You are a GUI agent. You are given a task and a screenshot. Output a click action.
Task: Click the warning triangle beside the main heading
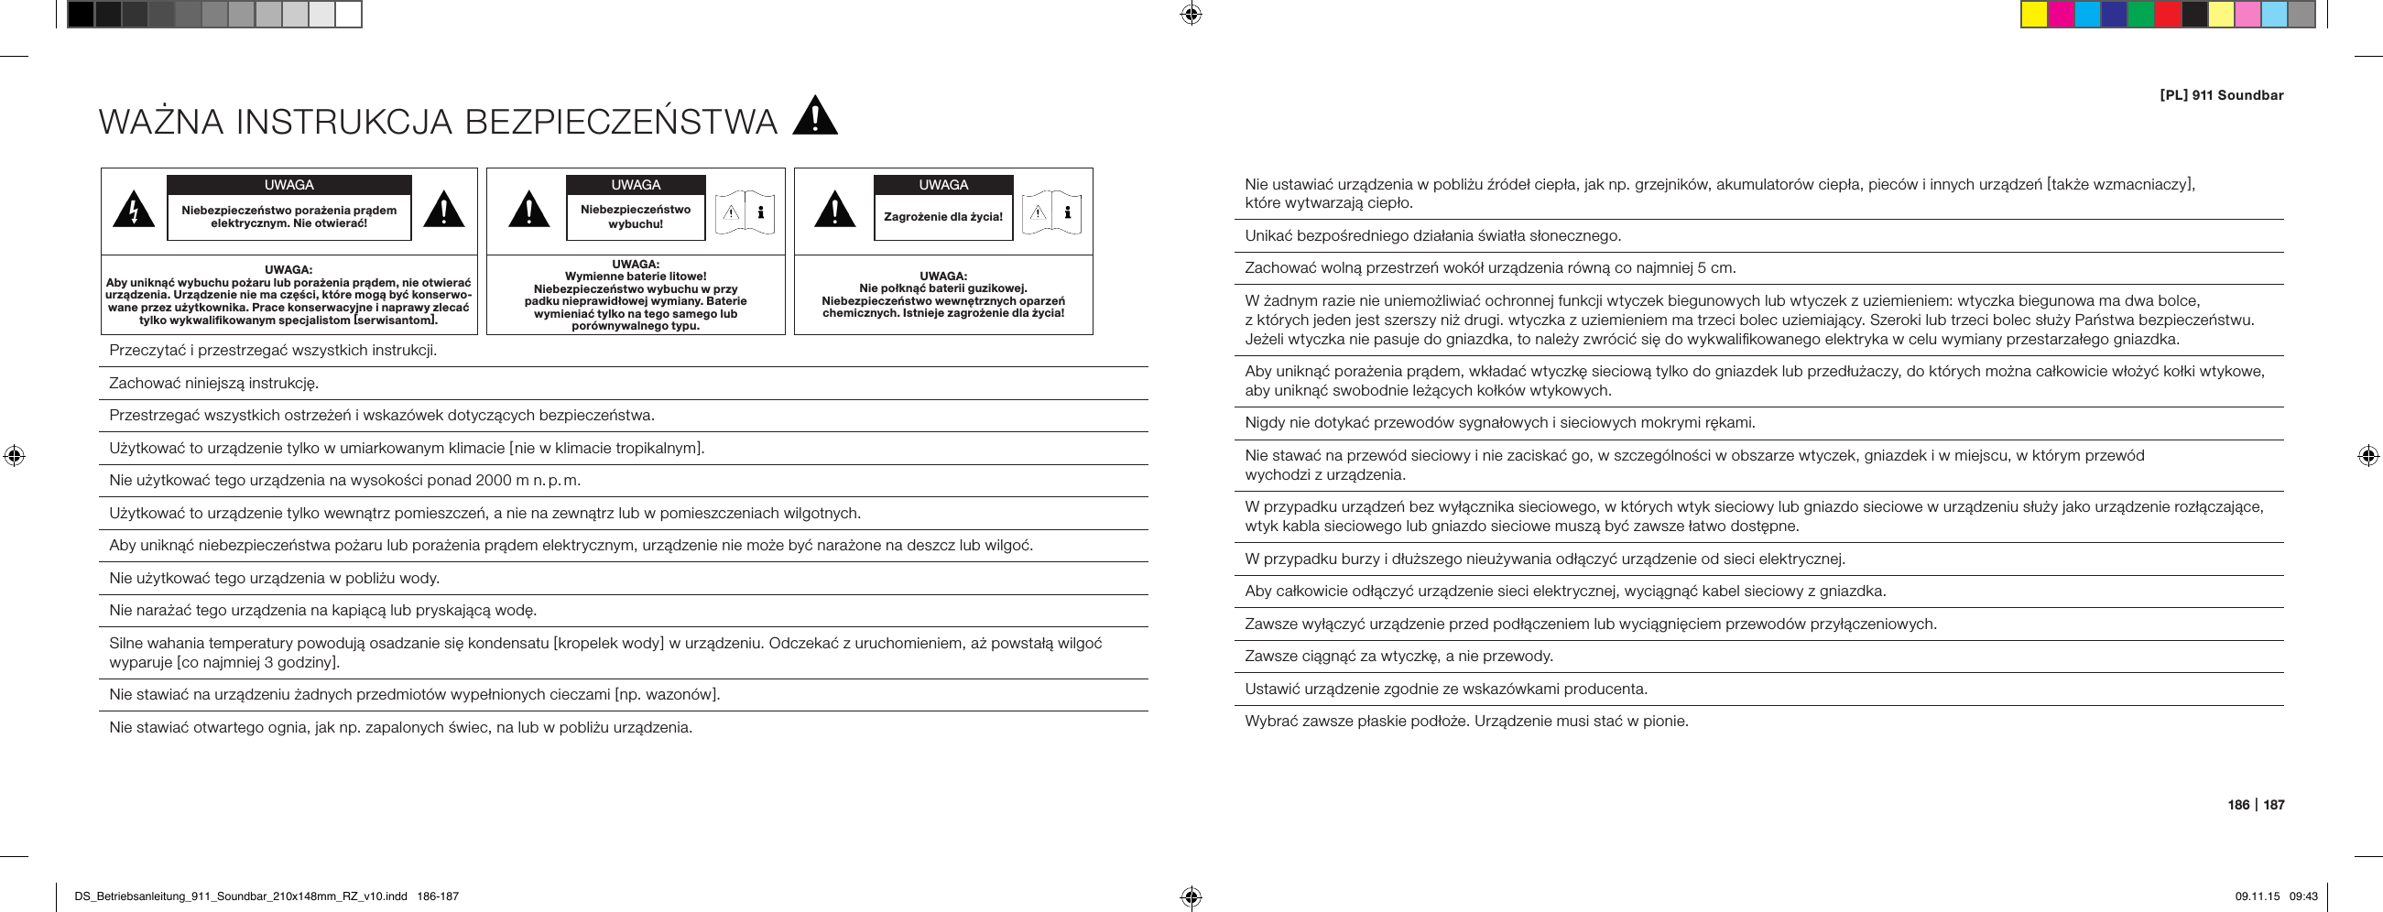[x=815, y=118]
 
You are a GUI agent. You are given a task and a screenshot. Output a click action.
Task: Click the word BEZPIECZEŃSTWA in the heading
[x=621, y=122]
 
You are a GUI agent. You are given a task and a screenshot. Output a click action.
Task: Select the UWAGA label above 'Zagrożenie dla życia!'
[x=942, y=185]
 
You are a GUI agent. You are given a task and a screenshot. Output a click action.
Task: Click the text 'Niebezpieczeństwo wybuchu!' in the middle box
[x=635, y=216]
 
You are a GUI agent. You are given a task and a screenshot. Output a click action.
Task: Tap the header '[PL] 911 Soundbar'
[x=2221, y=95]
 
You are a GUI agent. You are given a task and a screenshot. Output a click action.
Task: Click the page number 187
[x=2274, y=805]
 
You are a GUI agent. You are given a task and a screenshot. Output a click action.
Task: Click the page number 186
[x=2237, y=805]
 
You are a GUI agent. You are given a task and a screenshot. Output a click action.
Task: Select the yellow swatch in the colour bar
[x=2033, y=15]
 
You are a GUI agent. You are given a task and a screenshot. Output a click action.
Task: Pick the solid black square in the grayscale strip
[x=81, y=15]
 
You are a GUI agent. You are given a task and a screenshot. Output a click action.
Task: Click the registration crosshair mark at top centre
[x=1191, y=15]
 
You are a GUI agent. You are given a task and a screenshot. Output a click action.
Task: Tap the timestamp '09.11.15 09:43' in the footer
[x=2276, y=896]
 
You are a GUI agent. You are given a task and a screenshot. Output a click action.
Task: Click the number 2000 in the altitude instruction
[x=493, y=480]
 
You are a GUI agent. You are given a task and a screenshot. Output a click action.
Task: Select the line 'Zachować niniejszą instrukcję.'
[x=213, y=383]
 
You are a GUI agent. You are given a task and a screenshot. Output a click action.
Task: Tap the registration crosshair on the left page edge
[x=14, y=455]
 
